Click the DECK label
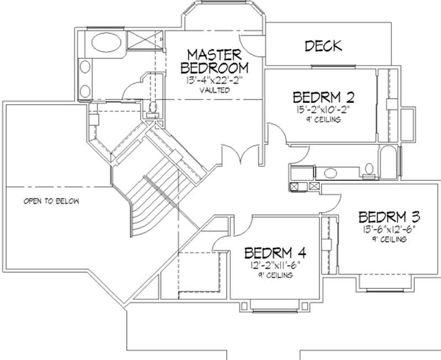point(323,46)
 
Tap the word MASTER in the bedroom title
point(214,55)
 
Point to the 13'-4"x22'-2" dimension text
point(214,80)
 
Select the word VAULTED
point(214,90)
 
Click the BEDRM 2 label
point(323,98)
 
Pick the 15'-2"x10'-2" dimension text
point(323,110)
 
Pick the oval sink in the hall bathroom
point(331,173)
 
